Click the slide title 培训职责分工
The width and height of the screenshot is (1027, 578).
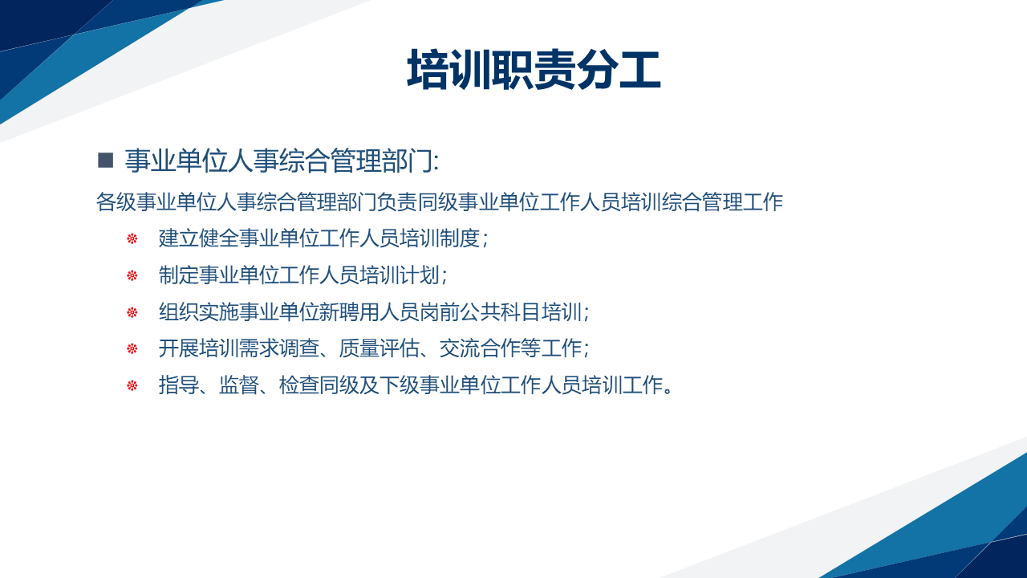(534, 70)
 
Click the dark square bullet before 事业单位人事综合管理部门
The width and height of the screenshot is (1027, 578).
(105, 161)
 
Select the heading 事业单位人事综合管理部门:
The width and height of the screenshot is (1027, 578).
(282, 161)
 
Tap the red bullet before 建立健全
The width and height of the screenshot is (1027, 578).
(132, 238)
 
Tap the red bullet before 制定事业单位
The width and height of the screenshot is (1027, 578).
(132, 275)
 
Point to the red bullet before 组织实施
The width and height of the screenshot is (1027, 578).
(132, 312)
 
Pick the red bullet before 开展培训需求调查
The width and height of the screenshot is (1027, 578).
(132, 348)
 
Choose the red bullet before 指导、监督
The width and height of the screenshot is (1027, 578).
(132, 385)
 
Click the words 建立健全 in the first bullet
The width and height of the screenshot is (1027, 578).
(198, 238)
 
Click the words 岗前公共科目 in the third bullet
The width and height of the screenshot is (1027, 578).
(481, 312)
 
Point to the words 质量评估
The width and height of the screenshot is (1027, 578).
(380, 348)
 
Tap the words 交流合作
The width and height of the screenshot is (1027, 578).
(480, 348)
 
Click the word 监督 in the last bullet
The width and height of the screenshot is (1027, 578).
(239, 385)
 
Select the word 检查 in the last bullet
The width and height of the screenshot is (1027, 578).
(299, 385)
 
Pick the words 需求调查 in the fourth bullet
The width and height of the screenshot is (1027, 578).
(279, 348)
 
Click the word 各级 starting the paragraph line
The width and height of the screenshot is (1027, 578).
(116, 201)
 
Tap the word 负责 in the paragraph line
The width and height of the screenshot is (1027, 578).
(397, 201)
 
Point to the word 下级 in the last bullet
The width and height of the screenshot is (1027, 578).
(400, 385)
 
